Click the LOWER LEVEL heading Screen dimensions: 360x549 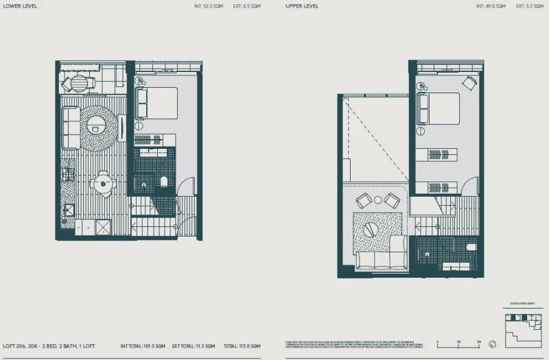[x=19, y=6]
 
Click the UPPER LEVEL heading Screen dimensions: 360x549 [x=302, y=6]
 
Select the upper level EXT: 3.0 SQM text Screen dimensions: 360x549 [x=523, y=6]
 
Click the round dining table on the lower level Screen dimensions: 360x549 [x=103, y=183]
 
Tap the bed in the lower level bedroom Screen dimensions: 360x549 [x=157, y=103]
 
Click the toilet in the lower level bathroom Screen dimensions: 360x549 [x=163, y=181]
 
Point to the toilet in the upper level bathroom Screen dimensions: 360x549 [x=471, y=247]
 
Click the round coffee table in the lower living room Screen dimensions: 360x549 [x=96, y=124]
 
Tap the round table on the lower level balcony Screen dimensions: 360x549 [x=80, y=84]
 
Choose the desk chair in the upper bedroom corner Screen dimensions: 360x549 [x=469, y=83]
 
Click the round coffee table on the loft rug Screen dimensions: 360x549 [x=371, y=230]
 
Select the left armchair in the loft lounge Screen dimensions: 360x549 [x=363, y=200]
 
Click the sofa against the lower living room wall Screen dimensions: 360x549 [x=71, y=128]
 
